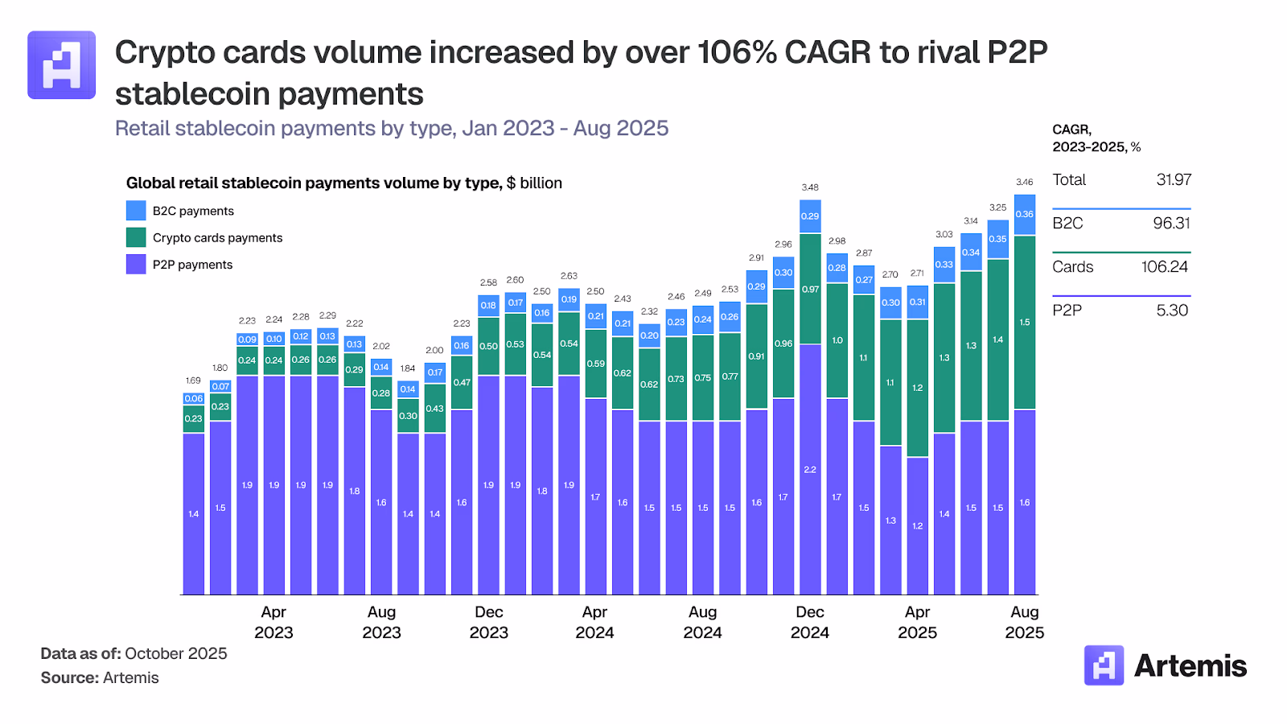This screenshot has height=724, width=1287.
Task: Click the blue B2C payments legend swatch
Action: pyautogui.click(x=136, y=211)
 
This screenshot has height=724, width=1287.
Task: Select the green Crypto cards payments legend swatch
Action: pyautogui.click(x=136, y=237)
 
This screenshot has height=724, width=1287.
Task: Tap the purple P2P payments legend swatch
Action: pyautogui.click(x=136, y=264)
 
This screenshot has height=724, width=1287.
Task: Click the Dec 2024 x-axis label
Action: pyautogui.click(x=809, y=622)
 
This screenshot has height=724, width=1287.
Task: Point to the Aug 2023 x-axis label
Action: pyautogui.click(x=381, y=622)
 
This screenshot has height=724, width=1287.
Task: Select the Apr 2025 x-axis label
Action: pyautogui.click(x=917, y=622)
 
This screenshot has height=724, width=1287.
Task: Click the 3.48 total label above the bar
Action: pyautogui.click(x=810, y=187)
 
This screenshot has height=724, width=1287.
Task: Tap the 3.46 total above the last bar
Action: pyautogui.click(x=1024, y=182)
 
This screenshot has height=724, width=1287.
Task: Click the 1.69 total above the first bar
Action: pyautogui.click(x=193, y=381)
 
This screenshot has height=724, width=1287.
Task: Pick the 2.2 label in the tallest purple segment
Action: pyautogui.click(x=810, y=470)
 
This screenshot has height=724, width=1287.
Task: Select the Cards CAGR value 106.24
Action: pyautogui.click(x=1164, y=267)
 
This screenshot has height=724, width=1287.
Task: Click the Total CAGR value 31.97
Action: pyautogui.click(x=1173, y=180)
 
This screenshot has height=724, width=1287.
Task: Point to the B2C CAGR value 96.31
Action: pyautogui.click(x=1170, y=224)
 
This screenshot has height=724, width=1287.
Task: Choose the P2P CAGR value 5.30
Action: pyautogui.click(x=1172, y=311)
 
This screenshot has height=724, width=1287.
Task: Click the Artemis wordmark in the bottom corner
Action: pyautogui.click(x=1190, y=666)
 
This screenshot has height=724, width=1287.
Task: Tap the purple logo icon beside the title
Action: pyautogui.click(x=62, y=65)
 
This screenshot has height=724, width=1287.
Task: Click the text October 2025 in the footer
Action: pyautogui.click(x=176, y=653)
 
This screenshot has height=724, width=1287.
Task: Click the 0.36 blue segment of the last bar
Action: pyautogui.click(x=1024, y=215)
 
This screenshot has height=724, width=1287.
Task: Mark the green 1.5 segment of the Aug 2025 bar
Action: pyautogui.click(x=1024, y=322)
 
